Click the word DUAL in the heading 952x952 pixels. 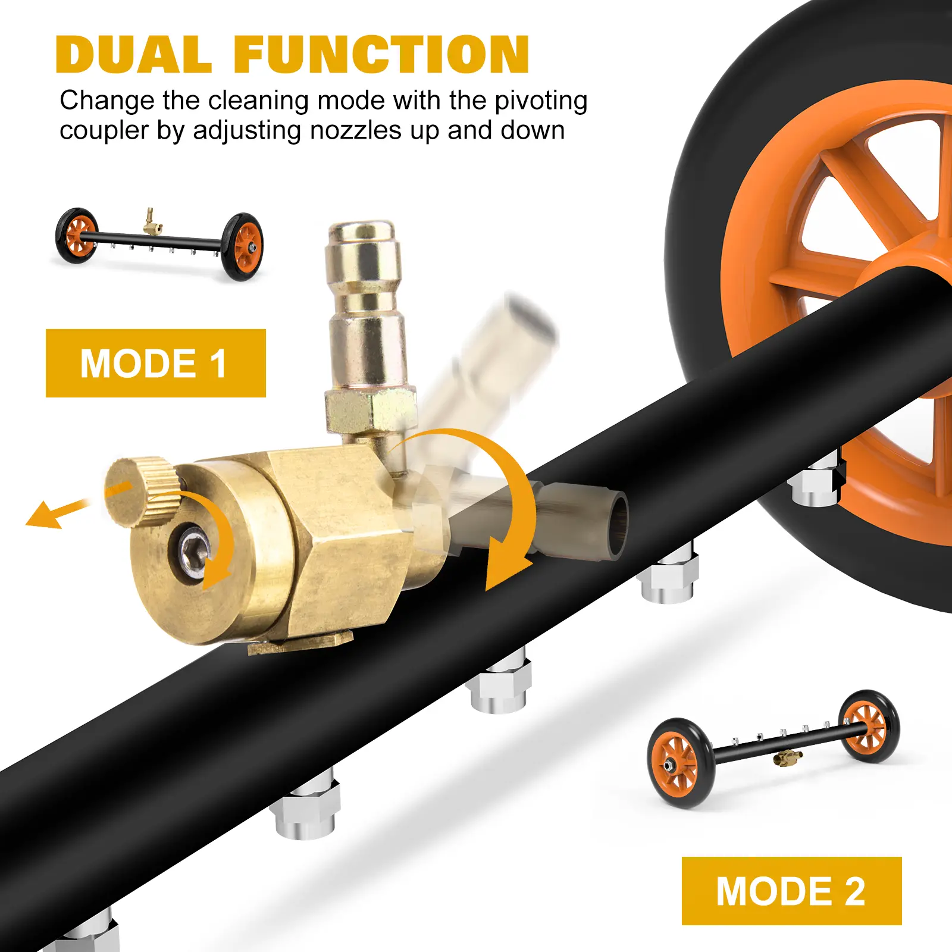point(133,54)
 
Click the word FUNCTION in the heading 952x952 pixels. point(381,54)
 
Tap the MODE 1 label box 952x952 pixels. point(156,363)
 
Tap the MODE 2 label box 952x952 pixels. point(791,891)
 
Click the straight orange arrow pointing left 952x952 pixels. point(58,513)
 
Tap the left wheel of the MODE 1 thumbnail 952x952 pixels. point(76,236)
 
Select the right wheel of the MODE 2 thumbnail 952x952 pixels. point(869,726)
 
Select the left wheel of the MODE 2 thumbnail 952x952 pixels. point(679,763)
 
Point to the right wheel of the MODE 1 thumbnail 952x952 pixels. point(242,246)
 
